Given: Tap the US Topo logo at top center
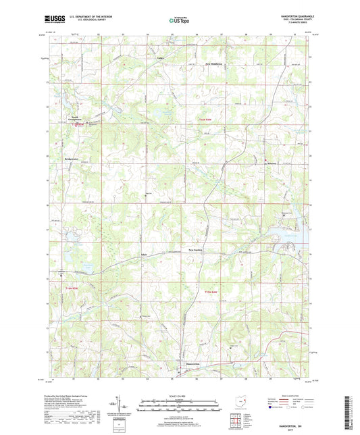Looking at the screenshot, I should click(180, 21).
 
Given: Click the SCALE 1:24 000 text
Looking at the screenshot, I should click(180, 396).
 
